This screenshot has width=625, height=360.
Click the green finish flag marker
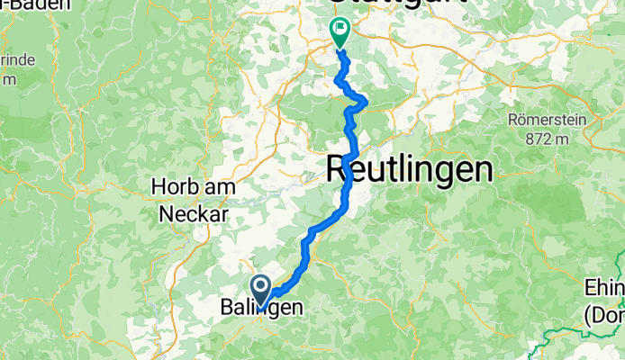(340, 32)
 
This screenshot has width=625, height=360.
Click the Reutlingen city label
(409, 168)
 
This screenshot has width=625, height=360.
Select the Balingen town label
(261, 308)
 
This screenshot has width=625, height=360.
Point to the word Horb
(177, 187)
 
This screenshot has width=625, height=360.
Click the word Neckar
(195, 214)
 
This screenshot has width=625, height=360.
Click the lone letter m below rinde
(8, 79)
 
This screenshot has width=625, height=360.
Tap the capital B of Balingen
(228, 308)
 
